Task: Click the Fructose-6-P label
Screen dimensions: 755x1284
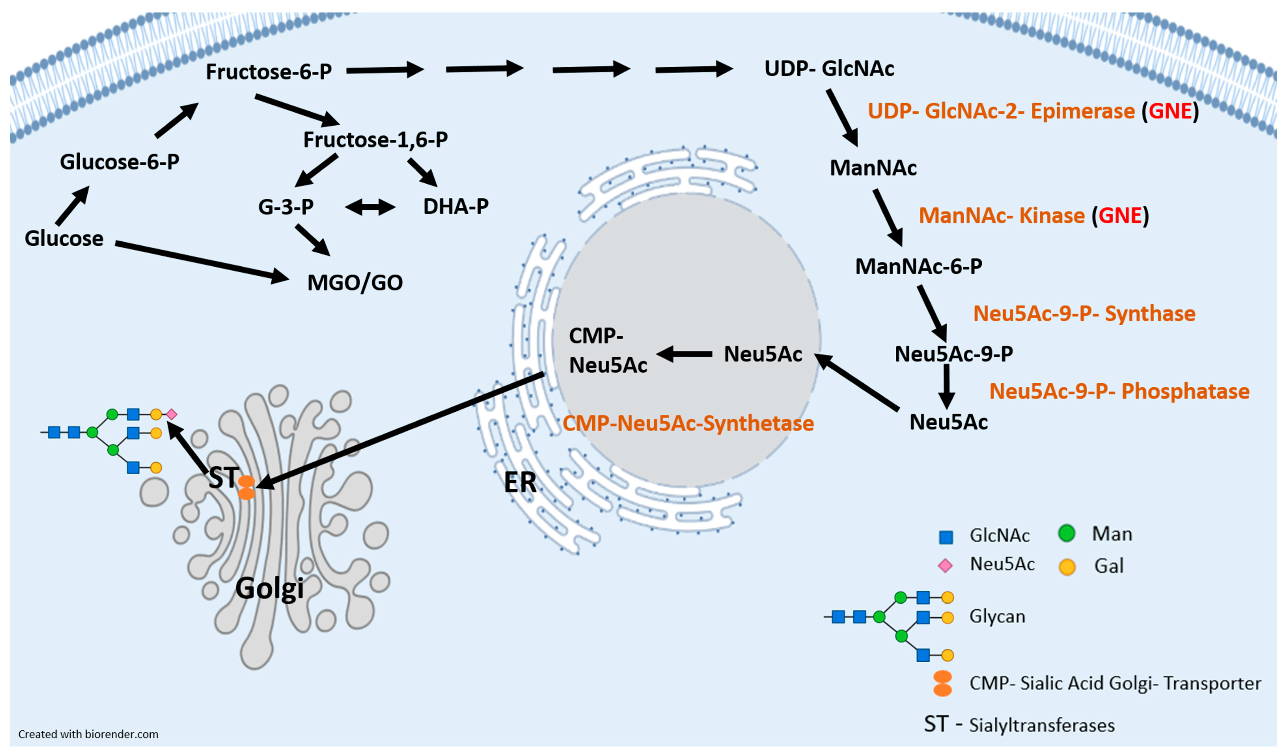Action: (x=269, y=72)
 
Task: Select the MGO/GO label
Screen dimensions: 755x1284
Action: (x=355, y=283)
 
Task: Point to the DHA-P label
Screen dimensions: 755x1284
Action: (x=456, y=206)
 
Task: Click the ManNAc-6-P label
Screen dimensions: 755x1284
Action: (x=918, y=266)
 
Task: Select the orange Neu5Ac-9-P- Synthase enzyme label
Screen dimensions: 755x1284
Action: (x=1084, y=314)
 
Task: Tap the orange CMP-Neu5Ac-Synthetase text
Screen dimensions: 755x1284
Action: (x=688, y=424)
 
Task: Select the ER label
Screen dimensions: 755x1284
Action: (x=520, y=482)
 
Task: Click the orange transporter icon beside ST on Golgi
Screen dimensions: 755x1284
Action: (x=247, y=487)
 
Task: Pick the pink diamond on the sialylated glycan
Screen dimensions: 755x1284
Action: (x=172, y=414)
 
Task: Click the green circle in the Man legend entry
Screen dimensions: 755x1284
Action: (x=1066, y=533)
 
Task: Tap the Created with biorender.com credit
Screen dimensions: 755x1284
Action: (x=88, y=734)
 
